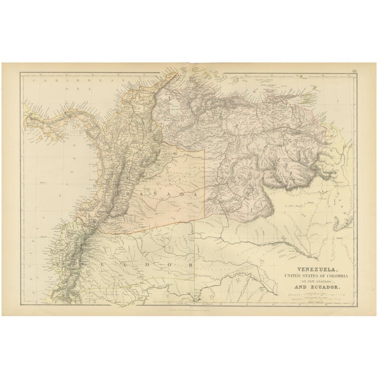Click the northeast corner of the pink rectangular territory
click(204, 149)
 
